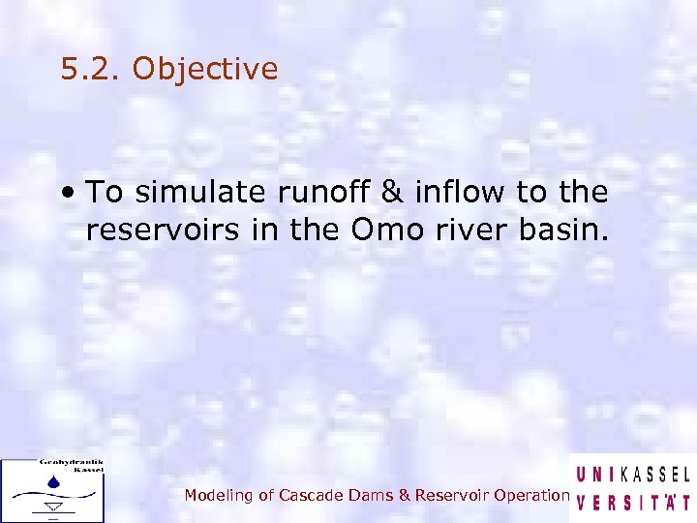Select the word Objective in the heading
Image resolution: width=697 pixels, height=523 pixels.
(x=204, y=70)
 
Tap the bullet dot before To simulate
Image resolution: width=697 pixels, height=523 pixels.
(x=71, y=193)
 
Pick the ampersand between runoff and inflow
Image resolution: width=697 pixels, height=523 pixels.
(x=391, y=193)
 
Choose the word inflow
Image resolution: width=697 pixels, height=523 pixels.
(x=458, y=193)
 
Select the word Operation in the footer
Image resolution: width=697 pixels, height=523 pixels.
(x=530, y=495)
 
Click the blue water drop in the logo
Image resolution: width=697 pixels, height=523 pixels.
(x=54, y=479)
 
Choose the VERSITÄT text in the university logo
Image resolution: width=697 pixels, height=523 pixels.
(x=633, y=503)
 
